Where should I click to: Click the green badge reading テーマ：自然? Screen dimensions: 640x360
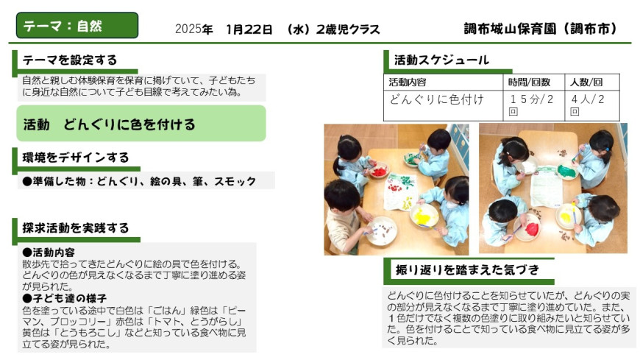(x=77, y=25)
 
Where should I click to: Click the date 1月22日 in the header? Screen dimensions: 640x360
(x=249, y=29)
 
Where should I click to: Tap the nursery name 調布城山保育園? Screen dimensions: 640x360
(x=511, y=29)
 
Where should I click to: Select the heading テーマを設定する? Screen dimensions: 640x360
(x=70, y=60)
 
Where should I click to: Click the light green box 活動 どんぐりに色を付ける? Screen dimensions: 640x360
(x=141, y=124)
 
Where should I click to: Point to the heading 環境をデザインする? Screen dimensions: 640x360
(x=76, y=158)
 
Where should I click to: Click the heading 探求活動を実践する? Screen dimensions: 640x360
(x=76, y=227)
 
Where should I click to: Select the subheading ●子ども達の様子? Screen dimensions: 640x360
(x=65, y=298)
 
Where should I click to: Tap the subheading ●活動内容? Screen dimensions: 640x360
(x=49, y=252)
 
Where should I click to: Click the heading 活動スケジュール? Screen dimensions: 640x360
(x=441, y=60)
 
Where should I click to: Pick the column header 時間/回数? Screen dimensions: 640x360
(x=529, y=82)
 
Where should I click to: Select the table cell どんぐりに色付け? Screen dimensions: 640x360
(x=437, y=99)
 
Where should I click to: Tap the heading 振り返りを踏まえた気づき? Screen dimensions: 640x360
(x=467, y=269)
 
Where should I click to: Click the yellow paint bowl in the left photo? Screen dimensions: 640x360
(x=424, y=216)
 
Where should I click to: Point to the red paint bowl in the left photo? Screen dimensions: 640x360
(x=380, y=171)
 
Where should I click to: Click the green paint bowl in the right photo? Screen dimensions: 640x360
(x=566, y=170)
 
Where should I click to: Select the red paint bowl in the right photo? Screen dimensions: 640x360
(x=530, y=227)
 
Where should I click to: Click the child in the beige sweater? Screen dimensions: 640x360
(x=342, y=216)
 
